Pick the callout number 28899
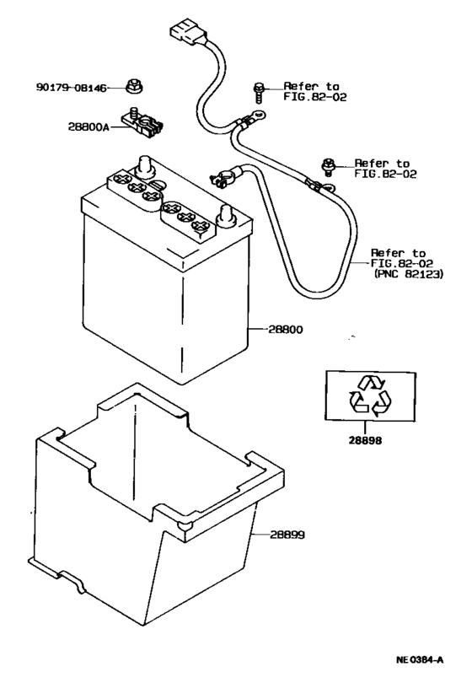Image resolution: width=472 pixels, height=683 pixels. (x=288, y=535)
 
